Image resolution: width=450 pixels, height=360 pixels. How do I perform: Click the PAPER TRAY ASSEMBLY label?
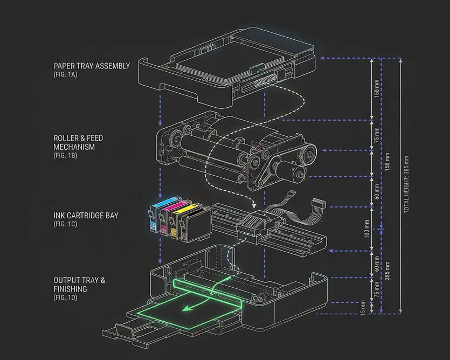point(92,66)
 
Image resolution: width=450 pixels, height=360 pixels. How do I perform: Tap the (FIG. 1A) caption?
point(65,75)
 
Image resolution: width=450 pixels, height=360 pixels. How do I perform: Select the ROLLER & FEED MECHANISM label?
point(78,142)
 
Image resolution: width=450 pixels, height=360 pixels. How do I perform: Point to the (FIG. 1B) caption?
point(65,156)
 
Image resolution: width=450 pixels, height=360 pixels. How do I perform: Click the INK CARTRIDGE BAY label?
point(86,216)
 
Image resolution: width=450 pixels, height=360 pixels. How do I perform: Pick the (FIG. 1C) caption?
point(65,224)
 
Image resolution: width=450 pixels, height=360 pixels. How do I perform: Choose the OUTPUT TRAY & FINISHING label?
point(79,285)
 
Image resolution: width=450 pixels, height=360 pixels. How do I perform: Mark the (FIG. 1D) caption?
point(65,297)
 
